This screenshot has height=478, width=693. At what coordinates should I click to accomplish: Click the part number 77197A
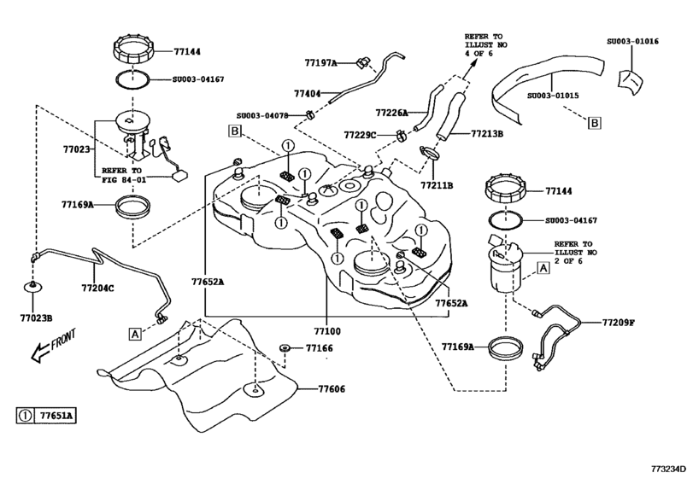321,62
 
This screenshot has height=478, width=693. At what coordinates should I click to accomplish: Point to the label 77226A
391,112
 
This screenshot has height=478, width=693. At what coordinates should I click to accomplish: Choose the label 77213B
487,134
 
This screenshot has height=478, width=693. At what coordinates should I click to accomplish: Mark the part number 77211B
437,184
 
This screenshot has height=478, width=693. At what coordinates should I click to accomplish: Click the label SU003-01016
633,40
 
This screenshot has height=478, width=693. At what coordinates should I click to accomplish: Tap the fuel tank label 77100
326,329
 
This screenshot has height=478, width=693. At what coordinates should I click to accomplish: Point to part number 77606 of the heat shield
332,388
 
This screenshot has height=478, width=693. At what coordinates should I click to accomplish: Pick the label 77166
319,348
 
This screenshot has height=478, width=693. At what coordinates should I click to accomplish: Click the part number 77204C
97,288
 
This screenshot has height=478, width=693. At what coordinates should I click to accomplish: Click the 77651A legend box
47,417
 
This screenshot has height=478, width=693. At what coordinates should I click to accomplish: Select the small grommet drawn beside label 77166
284,348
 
